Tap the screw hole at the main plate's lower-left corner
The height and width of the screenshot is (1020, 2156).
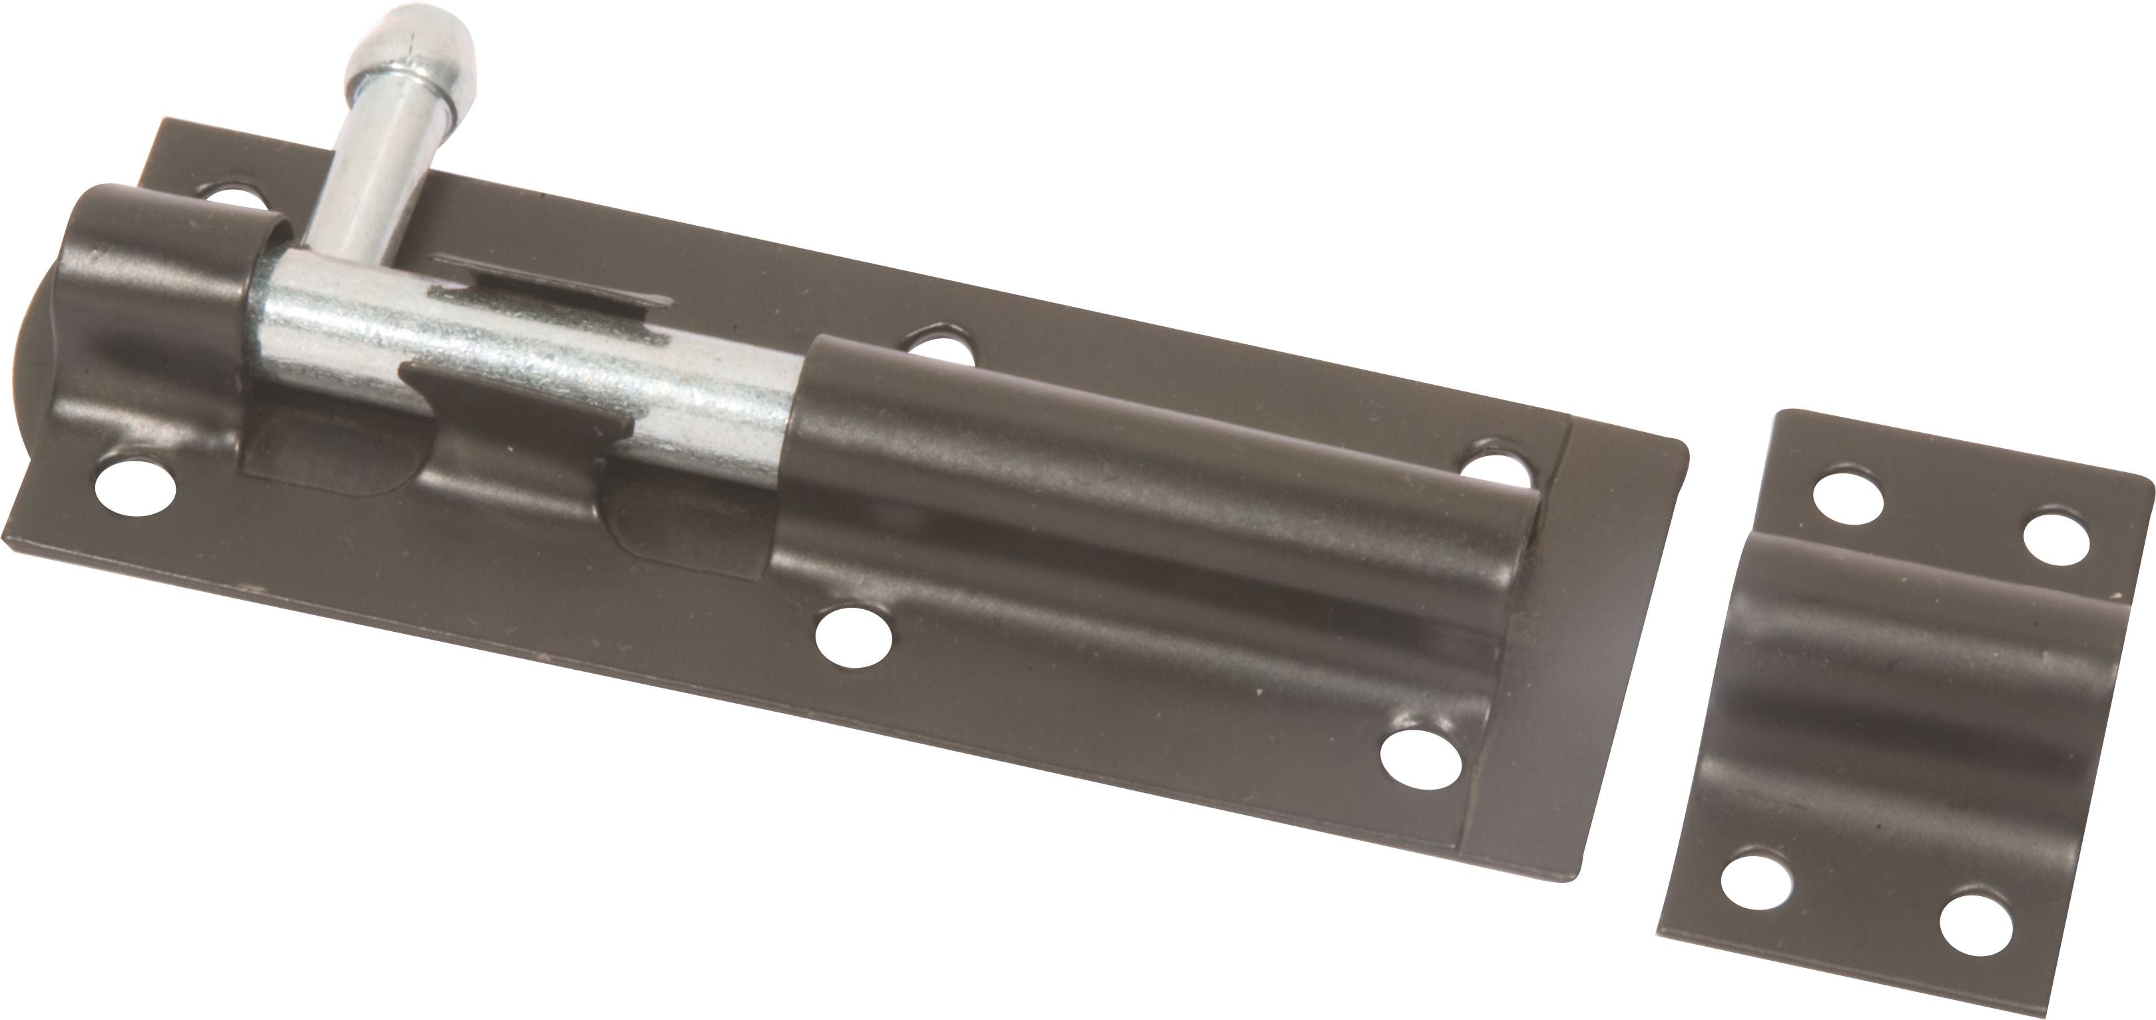coord(134,485)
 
